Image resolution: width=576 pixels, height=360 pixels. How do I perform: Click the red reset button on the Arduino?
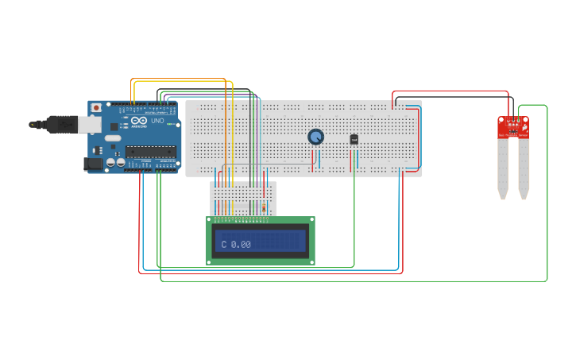pos(96,107)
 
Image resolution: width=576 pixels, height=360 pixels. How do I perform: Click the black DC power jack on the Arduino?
pos(93,164)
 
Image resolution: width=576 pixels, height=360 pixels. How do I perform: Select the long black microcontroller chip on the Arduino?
pos(150,152)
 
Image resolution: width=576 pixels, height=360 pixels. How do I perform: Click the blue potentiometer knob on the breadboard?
pos(316,137)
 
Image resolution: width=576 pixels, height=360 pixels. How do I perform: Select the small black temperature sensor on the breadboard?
pos(354,139)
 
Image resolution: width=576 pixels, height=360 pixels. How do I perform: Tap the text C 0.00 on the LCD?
pos(236,245)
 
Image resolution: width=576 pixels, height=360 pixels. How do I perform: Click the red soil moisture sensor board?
pos(513,127)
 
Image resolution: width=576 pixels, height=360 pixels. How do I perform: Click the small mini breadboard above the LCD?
pos(243,197)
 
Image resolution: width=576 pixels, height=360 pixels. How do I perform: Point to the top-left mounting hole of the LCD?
pos(211,221)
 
